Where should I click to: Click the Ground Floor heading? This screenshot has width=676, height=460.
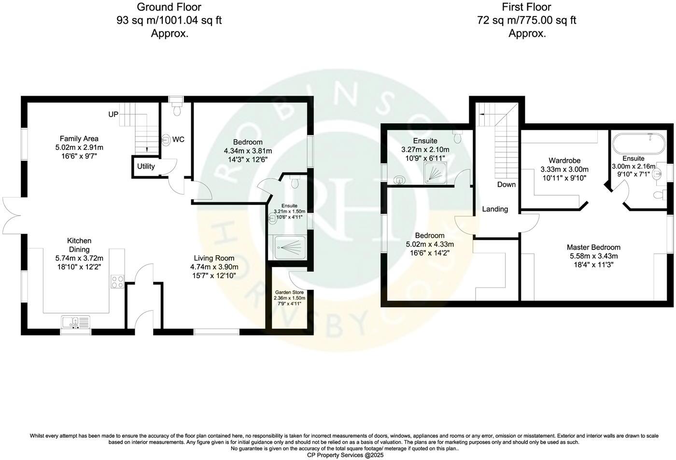coord(169,7)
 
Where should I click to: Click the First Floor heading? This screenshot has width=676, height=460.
coord(526,7)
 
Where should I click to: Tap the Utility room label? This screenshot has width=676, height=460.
coord(146,167)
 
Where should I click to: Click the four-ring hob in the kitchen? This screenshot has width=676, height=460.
coord(117,281)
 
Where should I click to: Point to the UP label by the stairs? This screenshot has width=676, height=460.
coord(113,115)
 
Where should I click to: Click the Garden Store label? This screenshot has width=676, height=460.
coord(290,292)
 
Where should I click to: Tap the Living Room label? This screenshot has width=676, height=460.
coord(214,259)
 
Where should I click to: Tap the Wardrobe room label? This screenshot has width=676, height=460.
coord(564,160)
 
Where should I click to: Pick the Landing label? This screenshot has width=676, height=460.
coord(495,209)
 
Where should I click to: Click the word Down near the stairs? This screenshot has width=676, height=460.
coord(507,185)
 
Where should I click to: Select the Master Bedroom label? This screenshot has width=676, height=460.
coord(593,247)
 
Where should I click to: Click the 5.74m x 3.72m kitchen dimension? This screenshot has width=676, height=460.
coord(79,259)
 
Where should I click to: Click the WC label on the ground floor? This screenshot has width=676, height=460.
coord(178,140)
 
